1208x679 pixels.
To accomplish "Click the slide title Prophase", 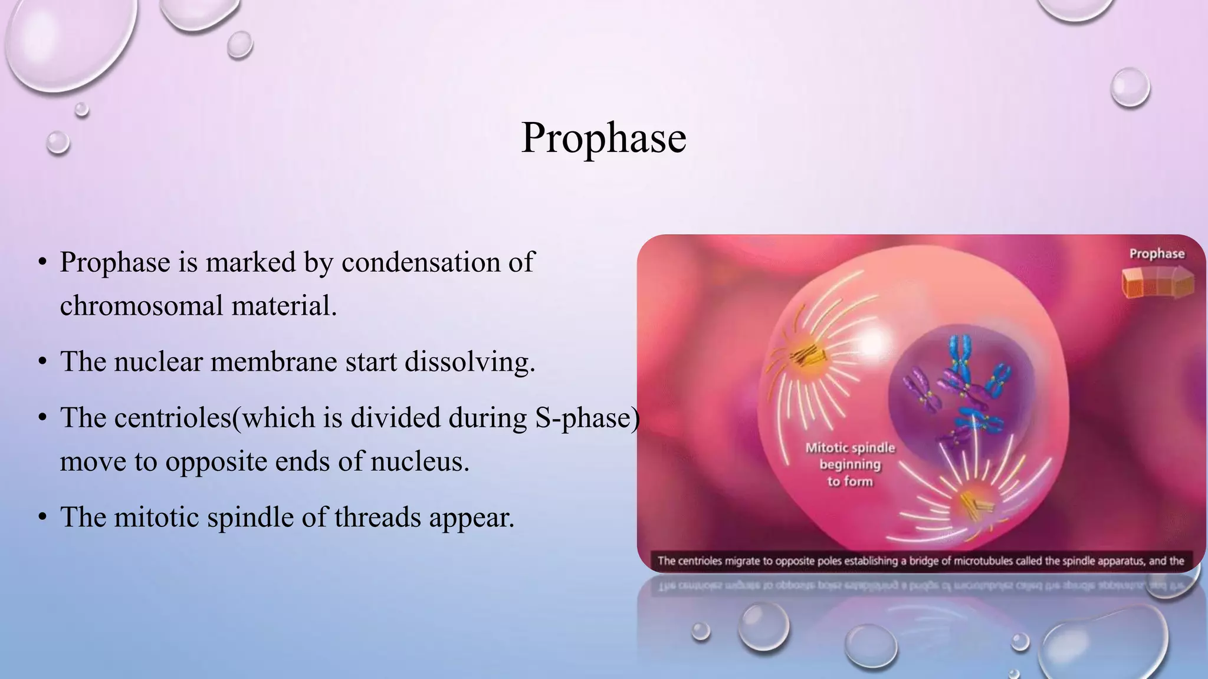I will click(603, 139).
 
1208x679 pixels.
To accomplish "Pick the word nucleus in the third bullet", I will click(419, 462).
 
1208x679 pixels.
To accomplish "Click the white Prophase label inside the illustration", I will click(1157, 254).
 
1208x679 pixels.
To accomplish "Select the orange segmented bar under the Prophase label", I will click(1157, 282).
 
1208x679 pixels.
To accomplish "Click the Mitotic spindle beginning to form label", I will click(850, 464).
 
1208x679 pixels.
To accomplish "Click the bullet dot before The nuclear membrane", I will click(42, 362).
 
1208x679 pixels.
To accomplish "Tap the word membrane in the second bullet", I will click(274, 361).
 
